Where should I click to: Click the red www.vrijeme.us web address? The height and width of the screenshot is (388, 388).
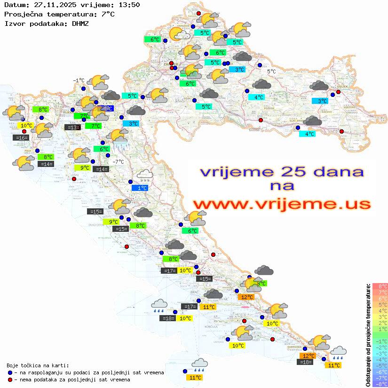[281, 204]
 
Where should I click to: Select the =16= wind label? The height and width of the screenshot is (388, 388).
[21, 138]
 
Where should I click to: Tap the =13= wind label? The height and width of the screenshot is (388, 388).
[72, 127]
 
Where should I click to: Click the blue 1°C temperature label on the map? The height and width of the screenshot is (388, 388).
[142, 188]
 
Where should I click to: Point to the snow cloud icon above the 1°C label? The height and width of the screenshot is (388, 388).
[144, 175]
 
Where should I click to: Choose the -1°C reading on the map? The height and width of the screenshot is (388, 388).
[79, 80]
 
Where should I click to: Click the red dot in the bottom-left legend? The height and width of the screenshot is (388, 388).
[10, 380]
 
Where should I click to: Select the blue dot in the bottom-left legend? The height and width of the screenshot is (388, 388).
[10, 372]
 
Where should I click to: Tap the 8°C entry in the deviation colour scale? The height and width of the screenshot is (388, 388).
[380, 286]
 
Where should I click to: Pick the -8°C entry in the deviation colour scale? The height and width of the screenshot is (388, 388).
[380, 384]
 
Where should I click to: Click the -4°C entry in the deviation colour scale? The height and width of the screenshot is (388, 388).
[380, 360]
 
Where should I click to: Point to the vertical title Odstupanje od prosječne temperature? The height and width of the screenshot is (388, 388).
[368, 335]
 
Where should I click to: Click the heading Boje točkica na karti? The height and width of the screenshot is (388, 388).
[38, 365]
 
